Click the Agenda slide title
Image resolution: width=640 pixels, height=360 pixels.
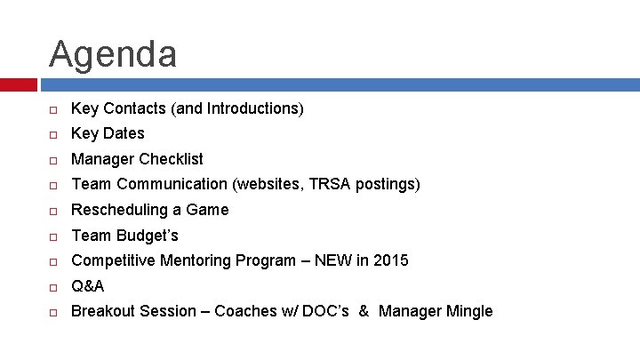click(x=113, y=53)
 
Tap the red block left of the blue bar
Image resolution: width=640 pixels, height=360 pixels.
click(x=18, y=84)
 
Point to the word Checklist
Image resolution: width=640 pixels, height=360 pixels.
click(x=171, y=159)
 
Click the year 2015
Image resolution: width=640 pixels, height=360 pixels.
click(x=391, y=260)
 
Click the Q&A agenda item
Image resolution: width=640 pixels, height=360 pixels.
click(x=87, y=286)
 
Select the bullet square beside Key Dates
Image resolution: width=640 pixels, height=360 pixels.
click(x=53, y=134)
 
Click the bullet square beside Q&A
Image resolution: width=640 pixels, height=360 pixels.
click(x=53, y=287)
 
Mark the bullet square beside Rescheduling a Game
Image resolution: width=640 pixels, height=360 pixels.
click(x=53, y=211)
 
